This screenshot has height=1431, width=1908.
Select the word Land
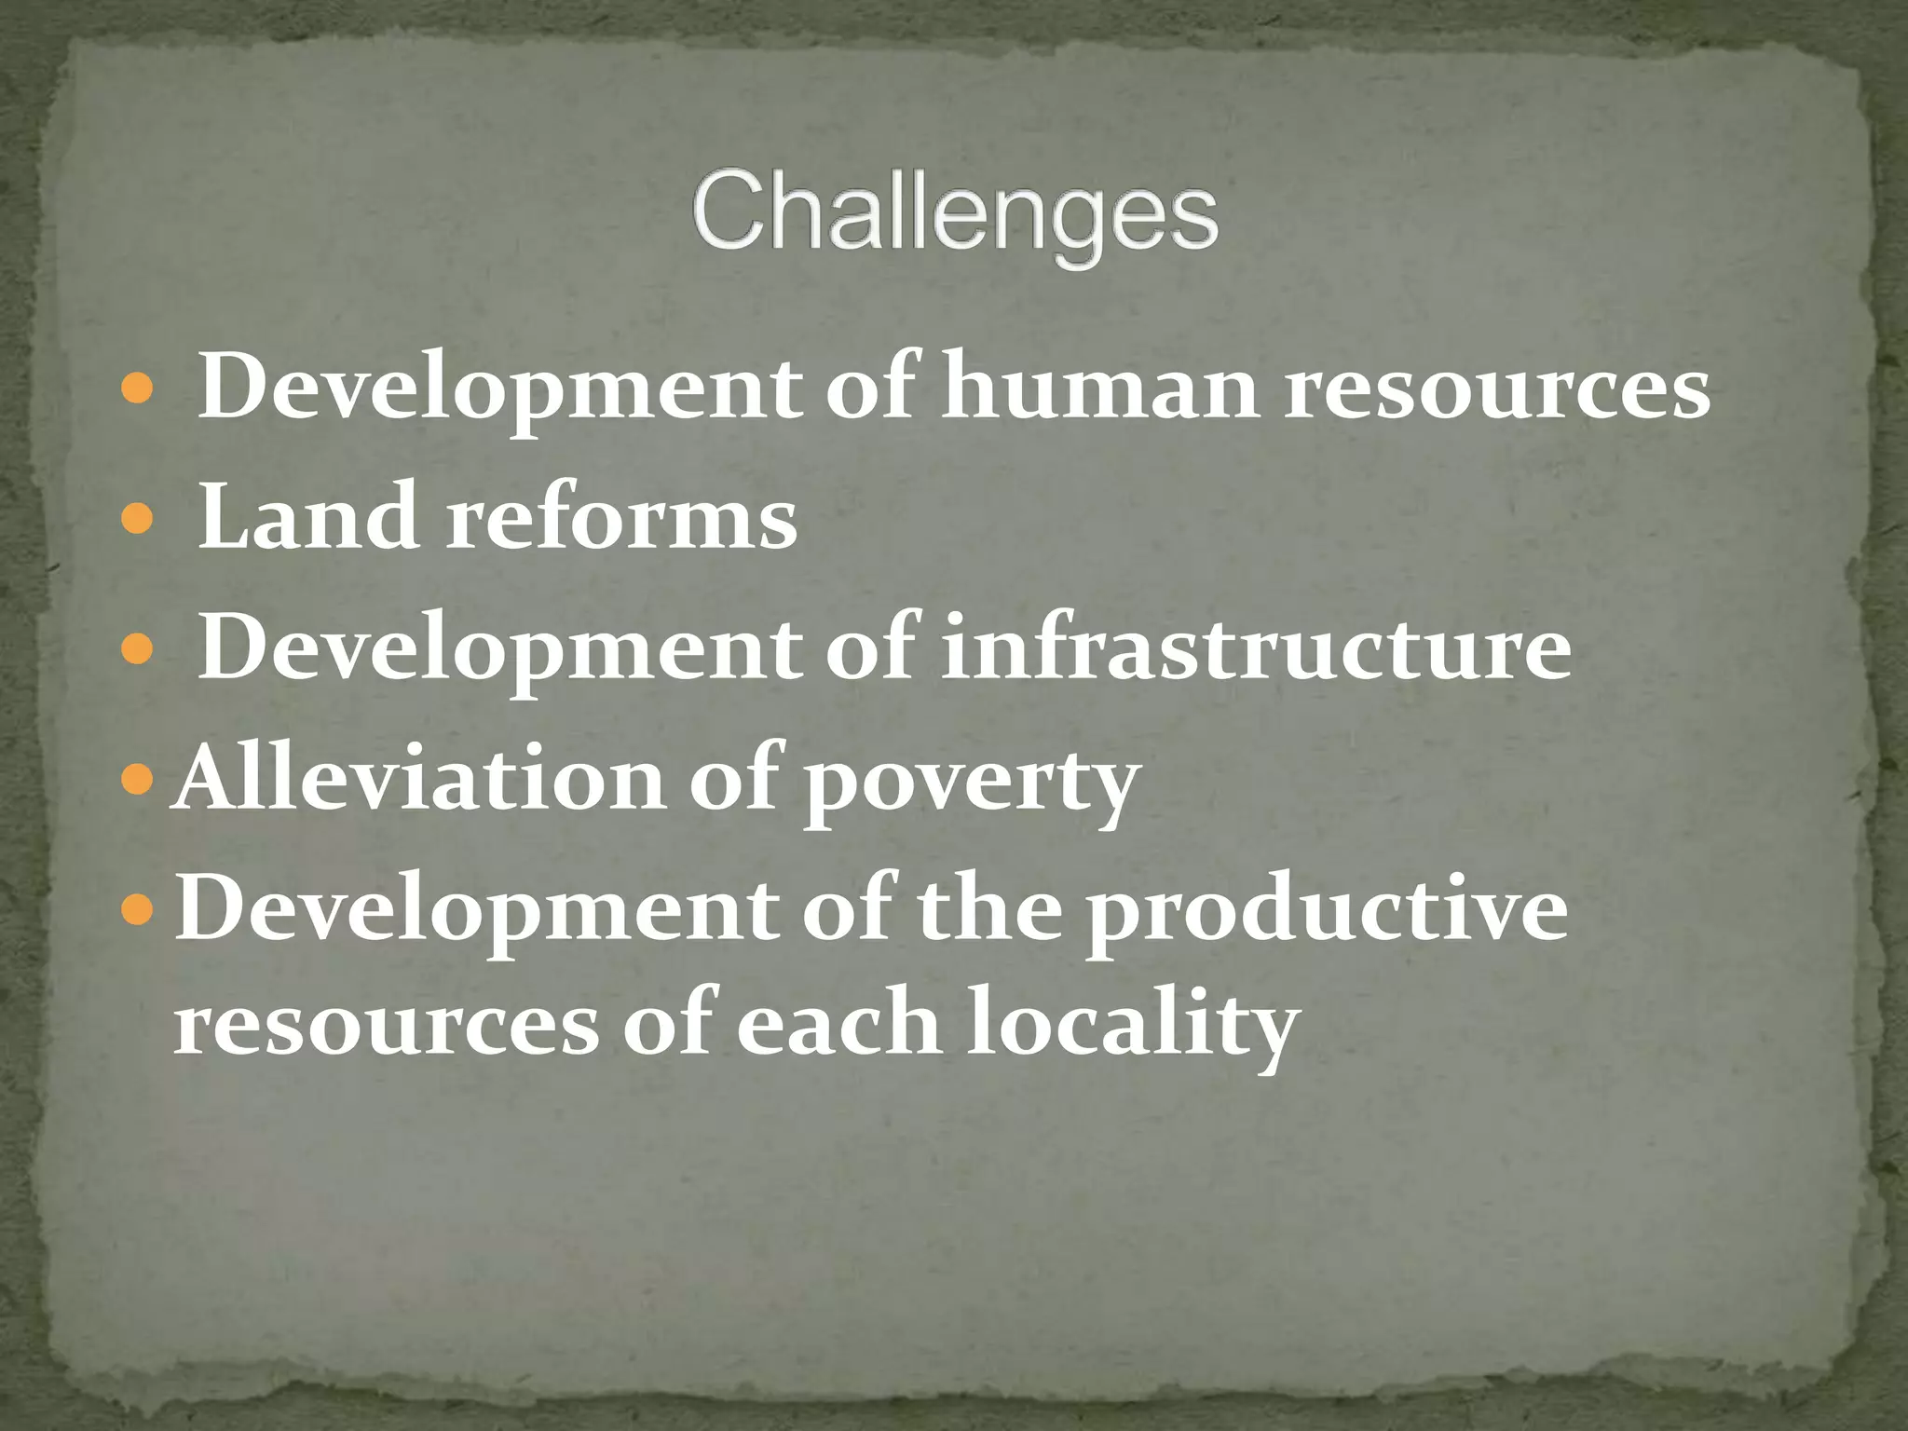[x=307, y=518]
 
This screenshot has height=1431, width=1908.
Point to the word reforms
[x=621, y=518]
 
